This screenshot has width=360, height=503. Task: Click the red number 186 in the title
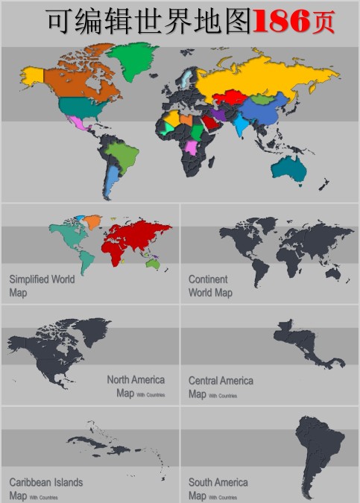281,22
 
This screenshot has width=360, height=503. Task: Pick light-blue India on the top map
240,124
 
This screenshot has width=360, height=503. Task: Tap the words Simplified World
42,279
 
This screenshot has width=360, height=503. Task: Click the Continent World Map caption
209,286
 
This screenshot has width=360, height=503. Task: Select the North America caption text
136,380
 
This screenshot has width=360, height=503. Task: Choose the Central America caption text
221,381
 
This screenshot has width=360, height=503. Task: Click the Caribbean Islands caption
45,482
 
